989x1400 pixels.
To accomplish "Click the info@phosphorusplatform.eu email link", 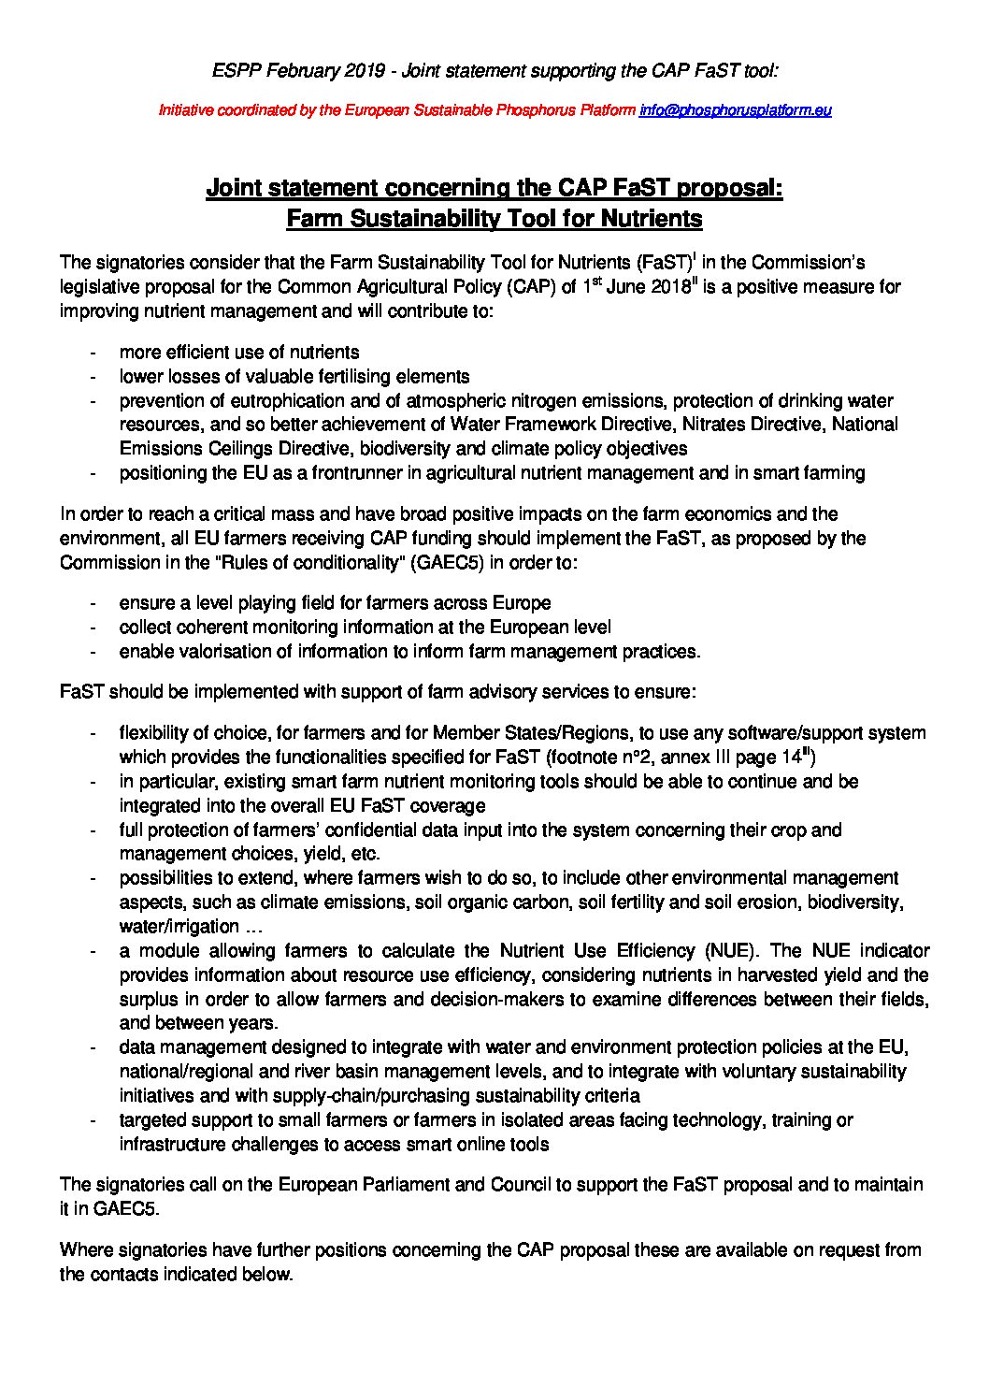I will (735, 110).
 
